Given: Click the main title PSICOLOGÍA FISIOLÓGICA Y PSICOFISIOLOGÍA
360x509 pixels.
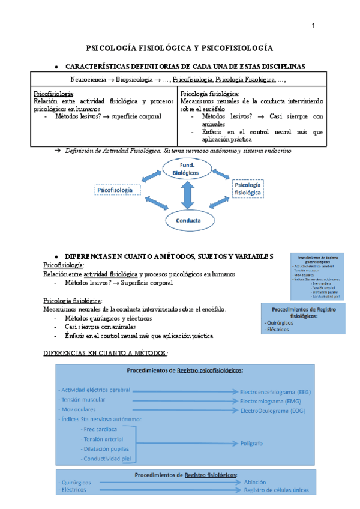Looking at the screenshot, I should click(179, 47).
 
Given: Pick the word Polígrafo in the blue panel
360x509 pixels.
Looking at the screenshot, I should click(254, 445).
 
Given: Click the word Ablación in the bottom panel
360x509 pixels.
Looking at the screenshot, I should click(256, 482).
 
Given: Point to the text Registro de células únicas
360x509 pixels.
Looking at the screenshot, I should click(277, 490).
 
